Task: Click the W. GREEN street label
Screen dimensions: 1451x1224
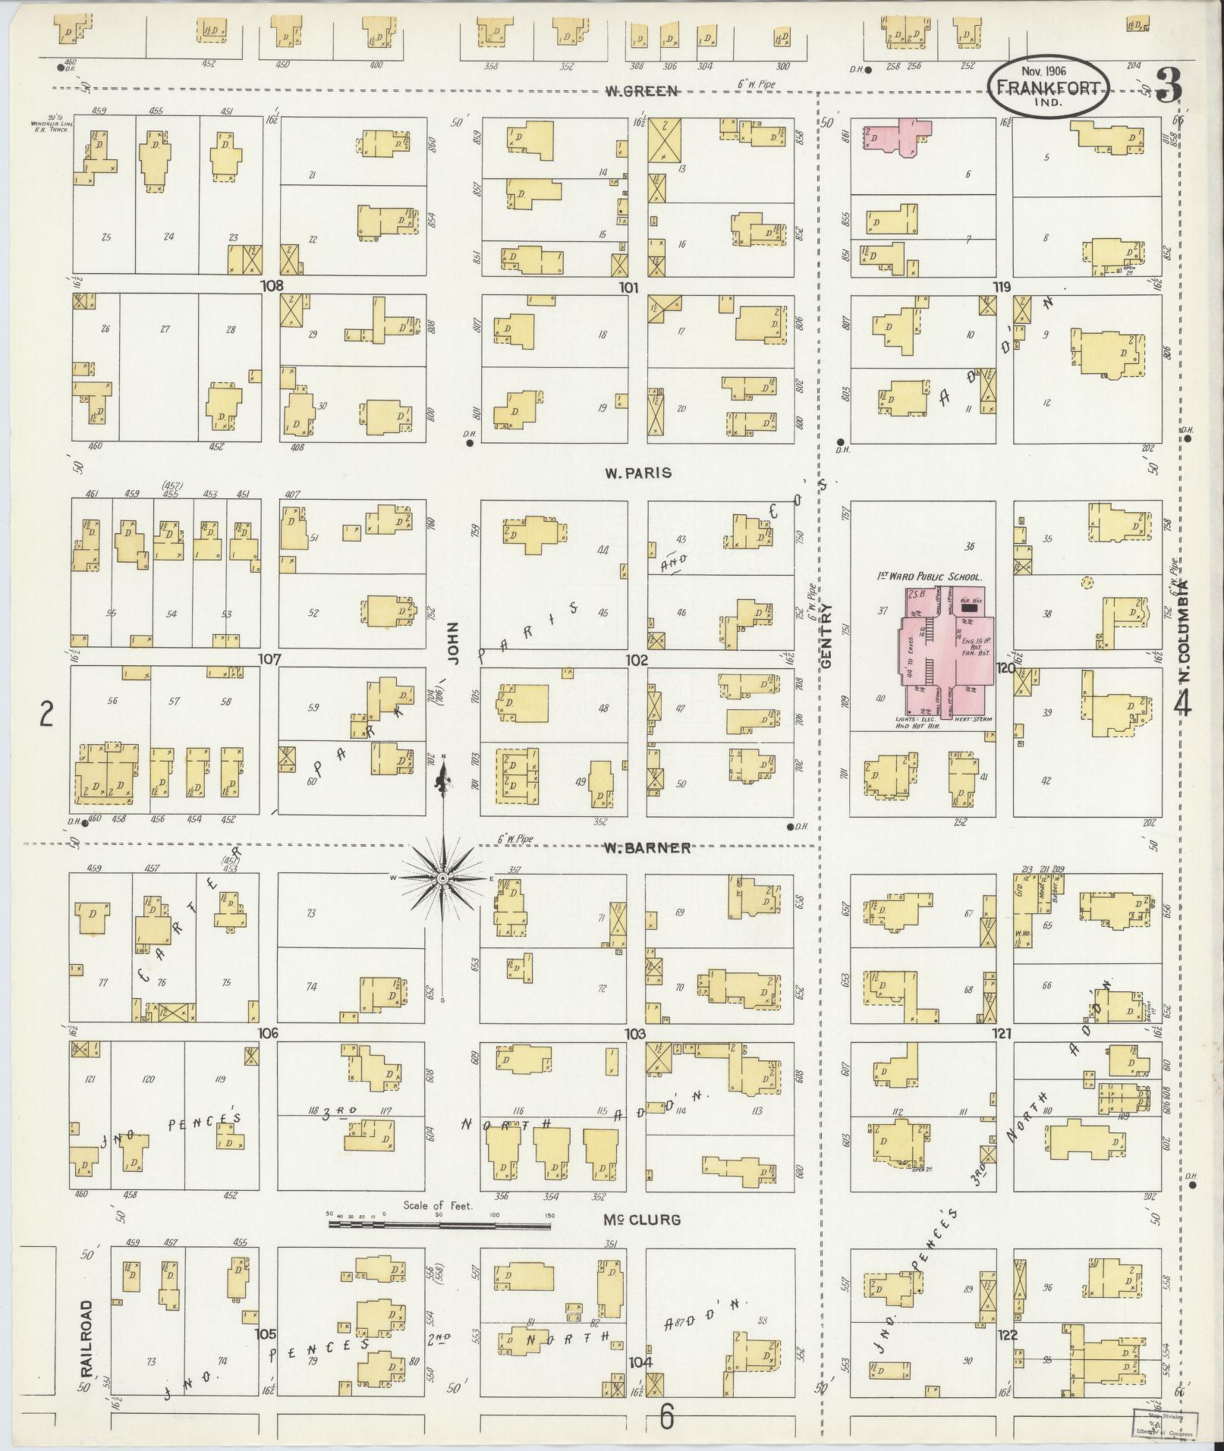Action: [640, 91]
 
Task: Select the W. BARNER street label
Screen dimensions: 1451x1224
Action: [647, 847]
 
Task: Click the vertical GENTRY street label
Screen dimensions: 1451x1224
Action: [826, 636]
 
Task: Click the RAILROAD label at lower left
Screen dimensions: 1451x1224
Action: [87, 1339]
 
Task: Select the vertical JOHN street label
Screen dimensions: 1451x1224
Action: [454, 642]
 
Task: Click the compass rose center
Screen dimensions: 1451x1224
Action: [442, 878]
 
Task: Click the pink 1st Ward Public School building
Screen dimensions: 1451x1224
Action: [945, 652]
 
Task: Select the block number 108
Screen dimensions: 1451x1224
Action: [271, 286]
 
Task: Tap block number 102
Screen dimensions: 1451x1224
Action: [637, 660]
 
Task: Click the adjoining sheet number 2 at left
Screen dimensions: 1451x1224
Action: [47, 714]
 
